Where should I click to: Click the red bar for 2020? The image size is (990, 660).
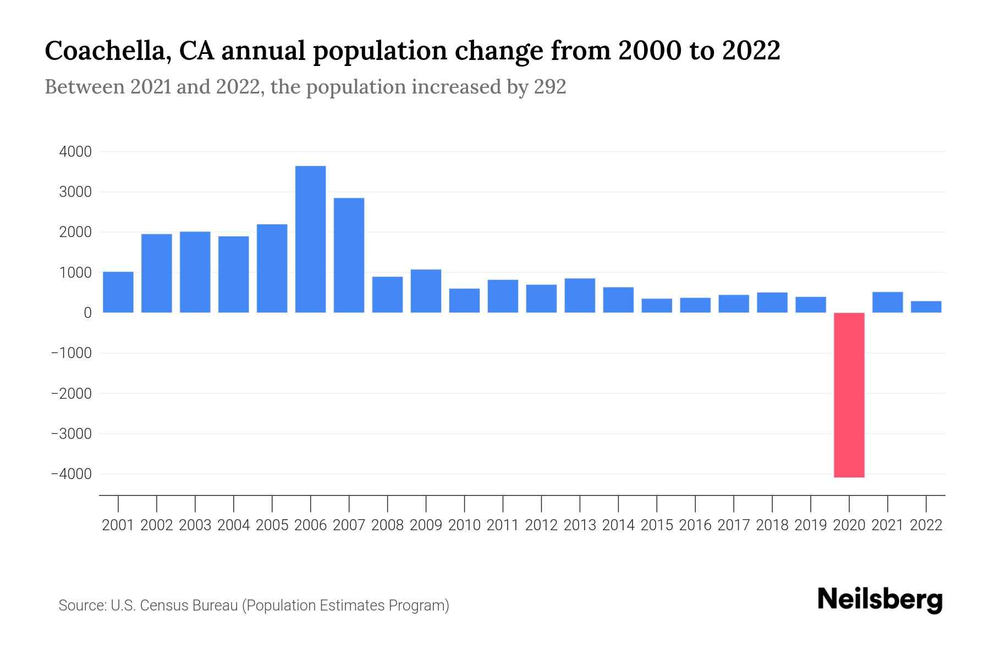[x=849, y=395]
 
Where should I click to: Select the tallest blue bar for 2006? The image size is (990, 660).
[x=310, y=239]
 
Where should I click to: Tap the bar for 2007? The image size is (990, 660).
[x=349, y=255]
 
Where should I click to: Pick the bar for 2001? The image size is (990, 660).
[x=118, y=292]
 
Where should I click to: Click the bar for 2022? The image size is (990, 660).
[x=926, y=307]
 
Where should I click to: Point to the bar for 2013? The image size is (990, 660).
[x=580, y=295]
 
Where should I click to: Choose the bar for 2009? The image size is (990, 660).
[x=426, y=291]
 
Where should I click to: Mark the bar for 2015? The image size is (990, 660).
[x=657, y=306]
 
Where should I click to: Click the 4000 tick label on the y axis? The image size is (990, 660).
[x=75, y=152]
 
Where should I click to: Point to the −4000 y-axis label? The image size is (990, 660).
[x=71, y=474]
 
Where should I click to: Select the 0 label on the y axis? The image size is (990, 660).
[x=87, y=313]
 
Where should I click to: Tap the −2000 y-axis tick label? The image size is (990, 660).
[x=71, y=394]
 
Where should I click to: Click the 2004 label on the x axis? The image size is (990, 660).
[x=233, y=525]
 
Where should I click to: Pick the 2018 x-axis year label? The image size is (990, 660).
[x=772, y=525]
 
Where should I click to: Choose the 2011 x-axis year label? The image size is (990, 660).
[x=503, y=525]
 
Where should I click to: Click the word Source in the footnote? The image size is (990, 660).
[x=82, y=606]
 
